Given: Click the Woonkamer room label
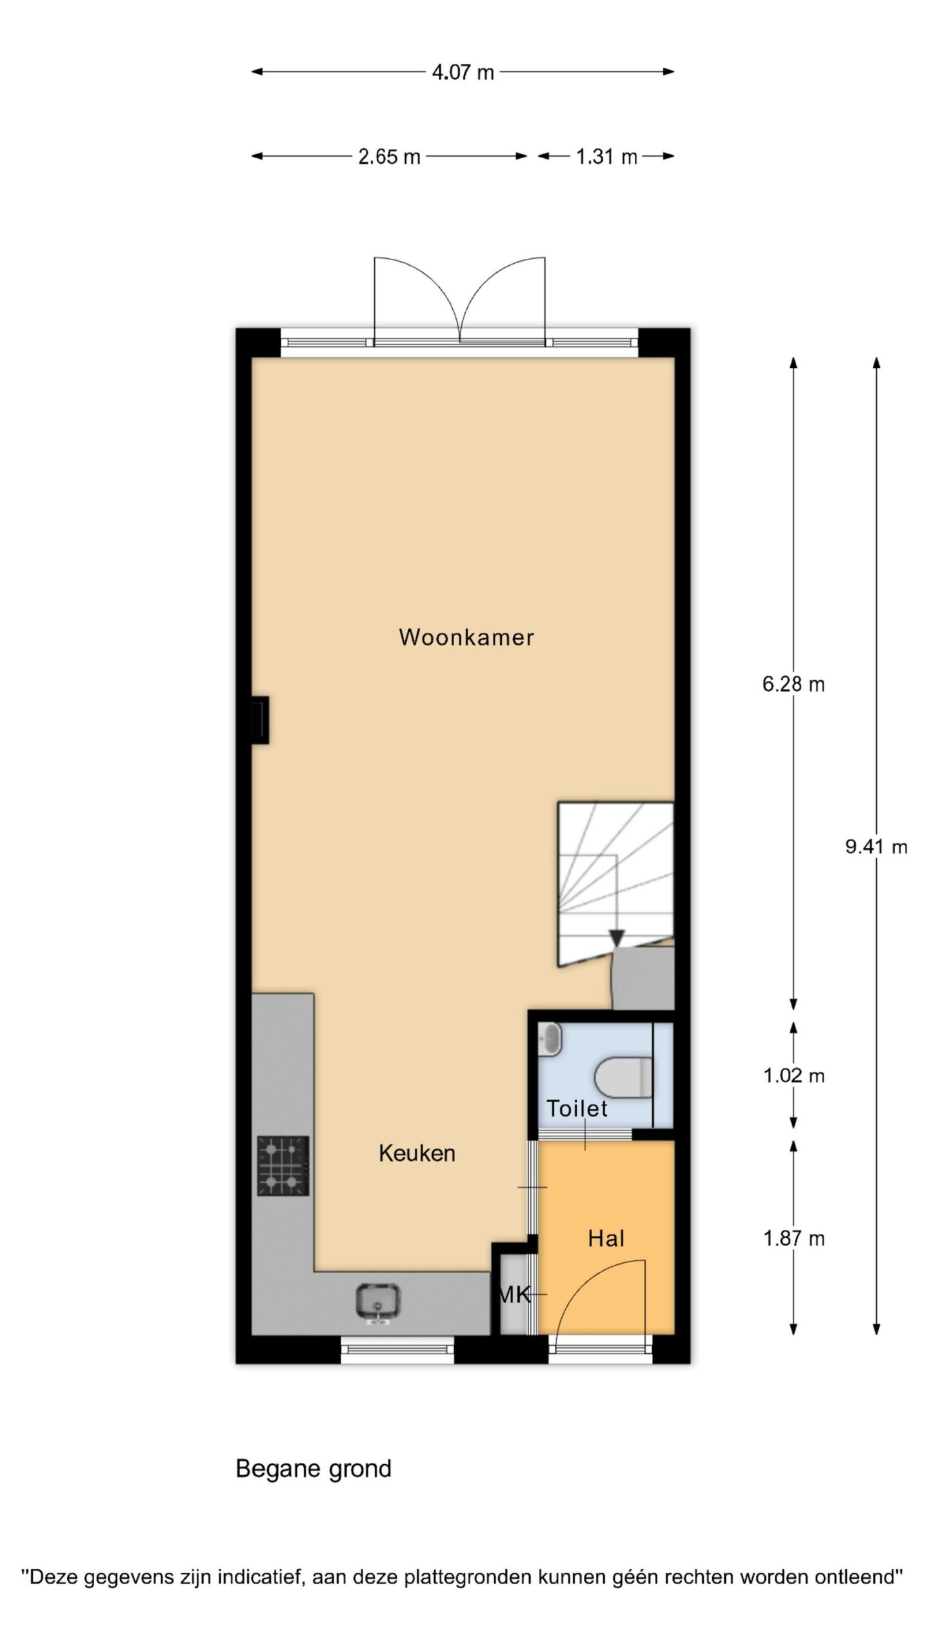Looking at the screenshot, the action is click(x=466, y=638).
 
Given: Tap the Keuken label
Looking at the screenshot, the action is click(x=417, y=1153).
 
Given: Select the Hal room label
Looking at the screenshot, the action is click(x=606, y=1238).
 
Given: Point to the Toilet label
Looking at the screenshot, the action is click(x=577, y=1109).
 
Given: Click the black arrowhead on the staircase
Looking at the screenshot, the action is click(x=617, y=938).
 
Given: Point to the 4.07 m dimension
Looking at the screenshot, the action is click(x=463, y=72).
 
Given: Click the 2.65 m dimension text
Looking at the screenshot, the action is click(x=389, y=156).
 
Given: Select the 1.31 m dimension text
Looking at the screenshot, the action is click(x=606, y=156).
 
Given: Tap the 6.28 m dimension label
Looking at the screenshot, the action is click(x=794, y=684).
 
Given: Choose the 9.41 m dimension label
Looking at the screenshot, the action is click(x=876, y=847).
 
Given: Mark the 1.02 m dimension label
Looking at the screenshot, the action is click(x=794, y=1076).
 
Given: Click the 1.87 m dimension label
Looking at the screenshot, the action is click(x=794, y=1238).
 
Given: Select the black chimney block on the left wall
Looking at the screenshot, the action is click(x=261, y=720).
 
